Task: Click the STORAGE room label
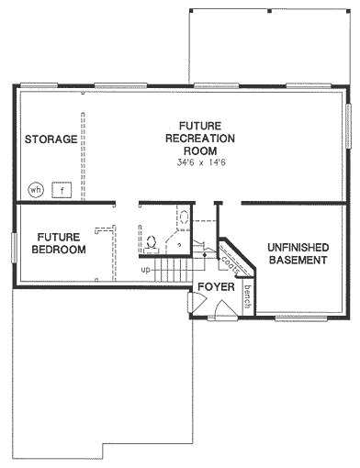51,139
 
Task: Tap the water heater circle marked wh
36,190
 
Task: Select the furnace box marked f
62,190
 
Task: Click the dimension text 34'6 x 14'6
201,162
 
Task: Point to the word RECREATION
200,139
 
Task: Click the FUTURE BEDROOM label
59,243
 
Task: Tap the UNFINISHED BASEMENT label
298,253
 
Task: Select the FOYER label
216,287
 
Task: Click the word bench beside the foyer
248,296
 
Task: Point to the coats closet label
231,266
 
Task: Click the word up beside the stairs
146,270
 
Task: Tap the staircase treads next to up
174,270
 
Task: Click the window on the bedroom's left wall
14,248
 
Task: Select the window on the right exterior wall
348,126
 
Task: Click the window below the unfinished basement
301,319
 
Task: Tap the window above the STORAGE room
39,85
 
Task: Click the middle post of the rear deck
269,11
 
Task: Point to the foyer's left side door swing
196,302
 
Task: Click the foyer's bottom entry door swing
226,310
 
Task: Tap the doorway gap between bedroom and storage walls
127,203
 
